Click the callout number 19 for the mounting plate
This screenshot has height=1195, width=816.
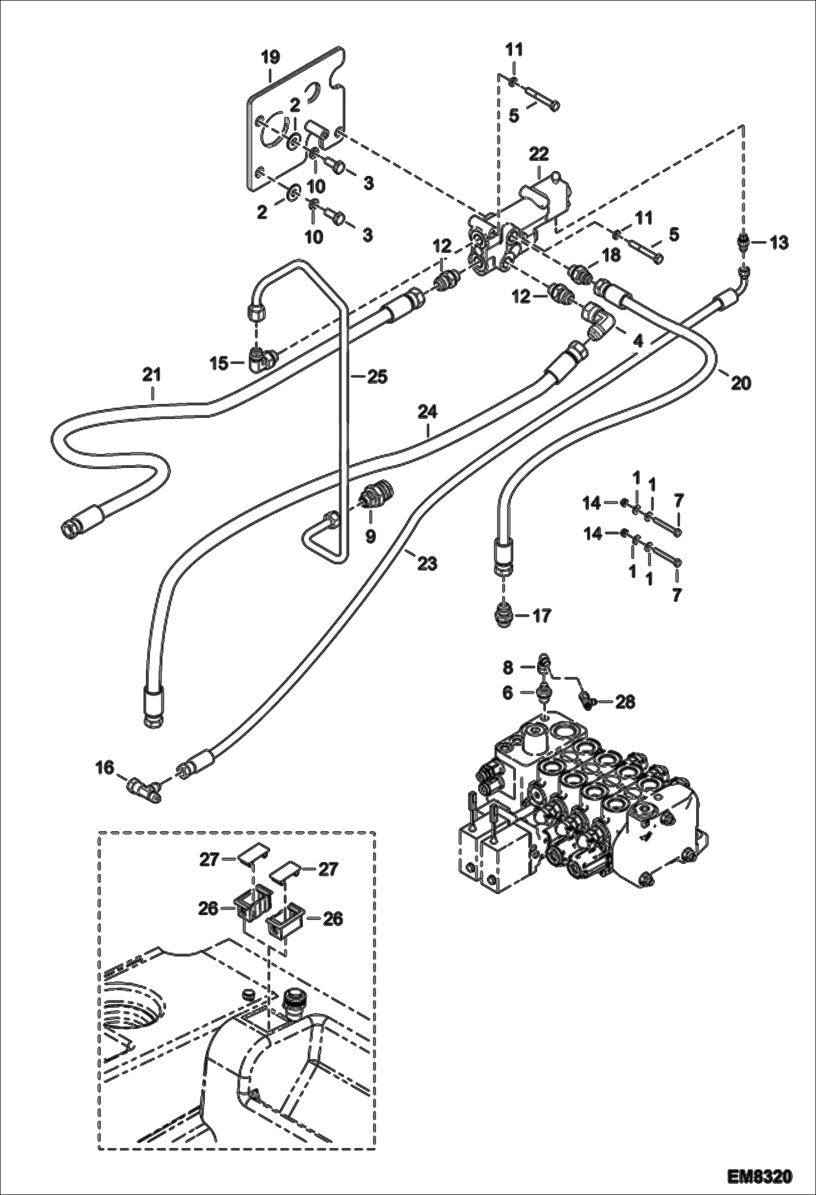270,57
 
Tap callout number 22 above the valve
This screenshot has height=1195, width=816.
538,154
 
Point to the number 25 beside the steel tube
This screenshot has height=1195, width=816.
377,376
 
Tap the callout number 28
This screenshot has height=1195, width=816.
625,702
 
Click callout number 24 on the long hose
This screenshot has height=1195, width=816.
428,411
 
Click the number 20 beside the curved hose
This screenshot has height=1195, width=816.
741,383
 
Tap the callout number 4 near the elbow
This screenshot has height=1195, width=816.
638,341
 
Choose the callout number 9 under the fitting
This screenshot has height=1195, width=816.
370,536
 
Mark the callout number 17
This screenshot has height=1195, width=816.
542,615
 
